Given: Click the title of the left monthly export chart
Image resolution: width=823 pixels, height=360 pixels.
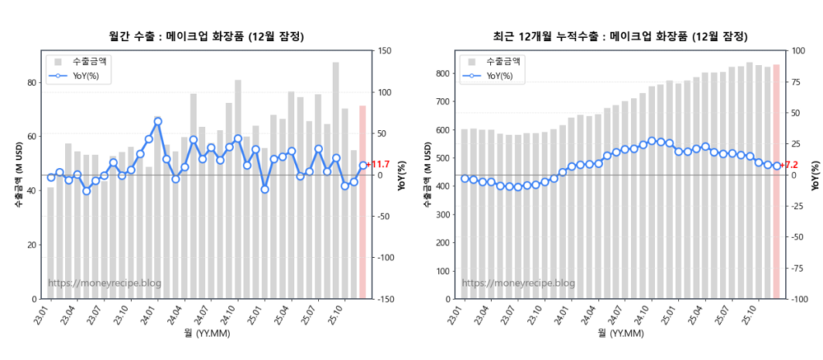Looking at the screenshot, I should click(207, 37).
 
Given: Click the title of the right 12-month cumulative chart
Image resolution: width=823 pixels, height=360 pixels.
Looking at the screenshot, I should click(620, 37).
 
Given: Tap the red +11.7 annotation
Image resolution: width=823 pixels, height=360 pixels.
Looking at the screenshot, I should click(379, 165).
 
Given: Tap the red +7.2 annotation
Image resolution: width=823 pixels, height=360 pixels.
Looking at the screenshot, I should click(790, 165).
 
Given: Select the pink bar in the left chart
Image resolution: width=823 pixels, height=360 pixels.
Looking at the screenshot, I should click(362, 201).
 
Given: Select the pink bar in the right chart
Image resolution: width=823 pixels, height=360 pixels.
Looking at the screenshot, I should click(776, 181).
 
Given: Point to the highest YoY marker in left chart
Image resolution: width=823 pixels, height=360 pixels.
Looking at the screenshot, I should click(158, 121).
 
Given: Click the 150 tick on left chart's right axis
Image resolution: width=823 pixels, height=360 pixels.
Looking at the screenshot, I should click(385, 51).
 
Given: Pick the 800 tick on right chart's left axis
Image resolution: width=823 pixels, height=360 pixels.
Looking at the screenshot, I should click(441, 74).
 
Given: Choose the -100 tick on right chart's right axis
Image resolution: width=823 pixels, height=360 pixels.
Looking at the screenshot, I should click(800, 299).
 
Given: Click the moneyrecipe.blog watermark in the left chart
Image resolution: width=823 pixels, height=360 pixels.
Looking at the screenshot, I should click(104, 283).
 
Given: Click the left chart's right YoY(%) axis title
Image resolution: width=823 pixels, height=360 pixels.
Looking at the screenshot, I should click(402, 175).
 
